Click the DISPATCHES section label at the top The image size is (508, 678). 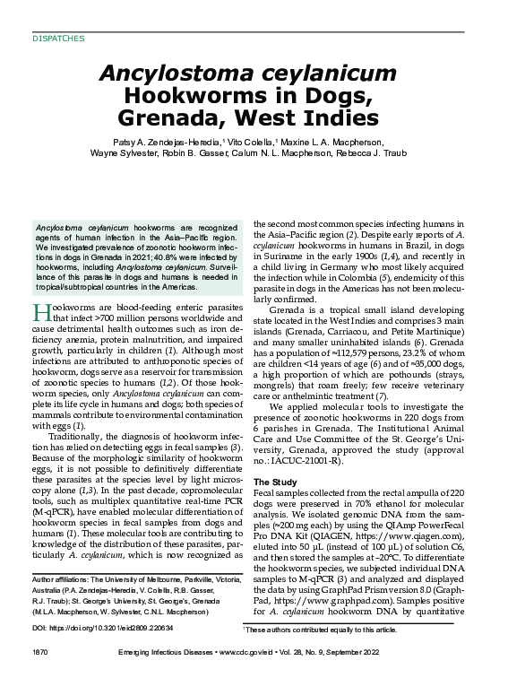pos(58,39)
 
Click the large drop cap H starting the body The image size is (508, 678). pos(40,313)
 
